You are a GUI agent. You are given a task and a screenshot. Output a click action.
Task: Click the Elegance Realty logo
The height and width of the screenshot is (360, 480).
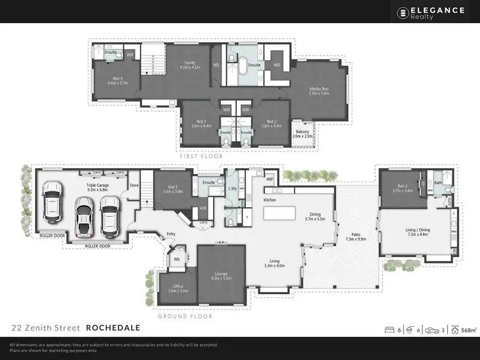[x=433, y=12]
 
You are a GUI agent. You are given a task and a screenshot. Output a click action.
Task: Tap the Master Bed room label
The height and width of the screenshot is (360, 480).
[x=318, y=90]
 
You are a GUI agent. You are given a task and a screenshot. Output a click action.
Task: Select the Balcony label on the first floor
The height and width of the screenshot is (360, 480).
[x=301, y=132]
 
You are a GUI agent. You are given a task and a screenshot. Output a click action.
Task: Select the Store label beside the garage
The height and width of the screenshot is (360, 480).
[x=134, y=186]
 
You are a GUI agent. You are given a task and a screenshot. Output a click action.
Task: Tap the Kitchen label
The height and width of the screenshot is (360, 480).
[x=269, y=200]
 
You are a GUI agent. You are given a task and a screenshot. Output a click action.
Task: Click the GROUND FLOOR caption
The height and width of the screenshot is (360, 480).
[x=185, y=316]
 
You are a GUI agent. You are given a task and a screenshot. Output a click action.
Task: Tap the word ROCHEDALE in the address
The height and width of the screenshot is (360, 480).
[x=114, y=328]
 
